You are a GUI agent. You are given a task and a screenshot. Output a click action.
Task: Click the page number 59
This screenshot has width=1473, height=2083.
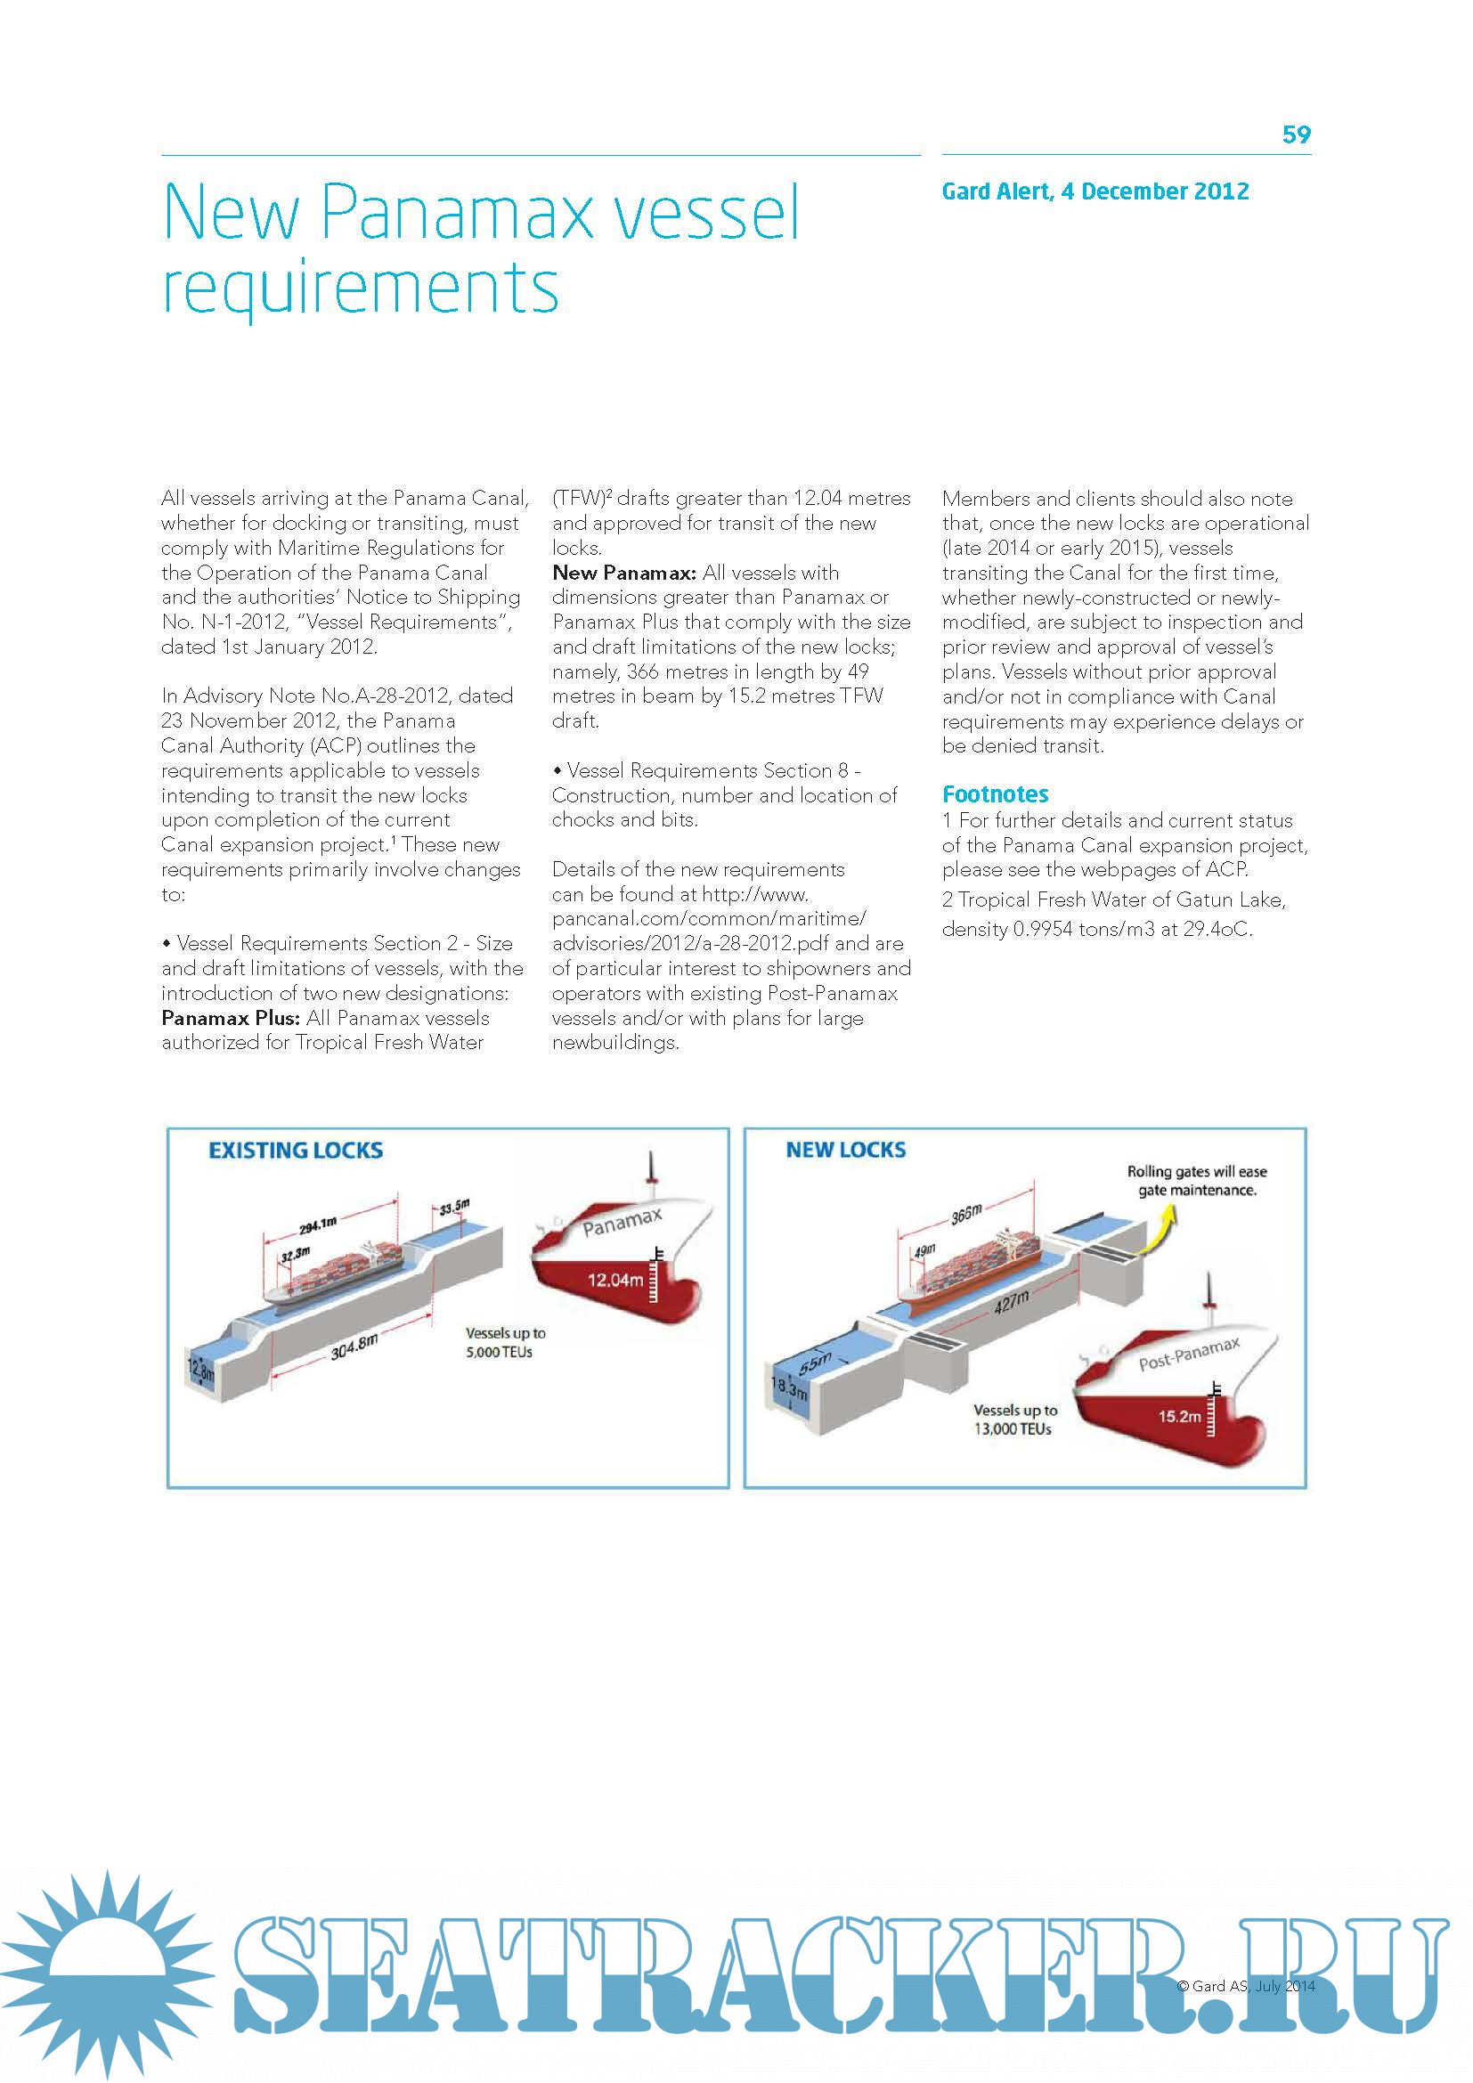click(1296, 135)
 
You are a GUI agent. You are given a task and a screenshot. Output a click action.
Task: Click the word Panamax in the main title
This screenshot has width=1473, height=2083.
click(458, 213)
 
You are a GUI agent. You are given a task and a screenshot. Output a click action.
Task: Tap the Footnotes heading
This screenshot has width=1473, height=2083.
click(995, 794)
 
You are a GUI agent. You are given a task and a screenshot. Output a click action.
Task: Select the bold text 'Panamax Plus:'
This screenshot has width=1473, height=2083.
click(231, 1018)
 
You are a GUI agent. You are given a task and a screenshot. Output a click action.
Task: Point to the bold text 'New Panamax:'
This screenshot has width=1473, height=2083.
click(624, 573)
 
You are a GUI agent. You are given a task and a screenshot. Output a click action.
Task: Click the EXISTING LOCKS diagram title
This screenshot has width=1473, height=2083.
click(296, 1151)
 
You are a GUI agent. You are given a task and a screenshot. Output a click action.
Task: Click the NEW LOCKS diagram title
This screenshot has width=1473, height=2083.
click(845, 1150)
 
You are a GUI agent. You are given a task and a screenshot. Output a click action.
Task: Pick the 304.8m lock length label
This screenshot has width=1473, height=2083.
click(354, 1347)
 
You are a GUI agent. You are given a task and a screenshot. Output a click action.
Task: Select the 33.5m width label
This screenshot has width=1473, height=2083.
click(454, 1207)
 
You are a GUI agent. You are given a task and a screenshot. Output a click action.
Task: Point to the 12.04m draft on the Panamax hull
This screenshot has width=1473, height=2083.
click(615, 1280)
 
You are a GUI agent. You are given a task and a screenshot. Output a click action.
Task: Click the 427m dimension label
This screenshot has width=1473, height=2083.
click(1012, 1302)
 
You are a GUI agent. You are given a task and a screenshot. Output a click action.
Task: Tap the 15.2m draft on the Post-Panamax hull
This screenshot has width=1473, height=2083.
click(1179, 1416)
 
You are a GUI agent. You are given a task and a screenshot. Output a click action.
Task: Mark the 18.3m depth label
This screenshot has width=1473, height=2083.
click(788, 1388)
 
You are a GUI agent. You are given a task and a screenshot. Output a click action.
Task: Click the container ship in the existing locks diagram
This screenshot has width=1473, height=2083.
click(345, 1273)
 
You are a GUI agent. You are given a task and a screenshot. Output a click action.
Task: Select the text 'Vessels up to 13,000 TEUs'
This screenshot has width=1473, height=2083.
click(1015, 1420)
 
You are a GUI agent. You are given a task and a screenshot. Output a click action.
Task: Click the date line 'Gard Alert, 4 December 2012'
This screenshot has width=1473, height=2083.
click(1095, 191)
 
